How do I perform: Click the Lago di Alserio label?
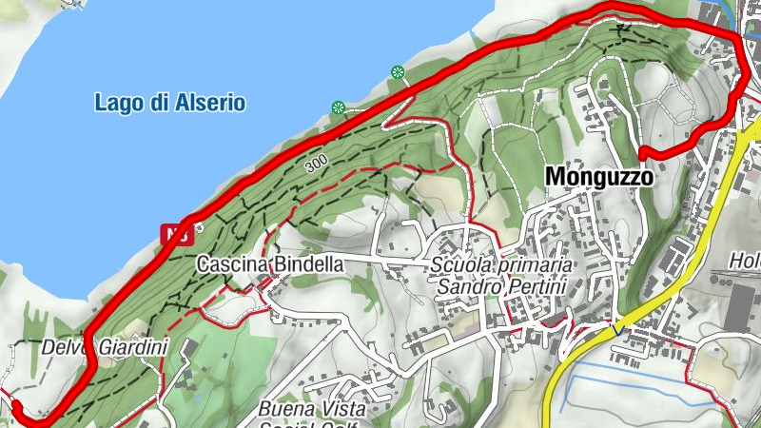[x=170, y=103]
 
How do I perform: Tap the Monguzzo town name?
[x=599, y=177]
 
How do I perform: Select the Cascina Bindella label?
[x=269, y=264]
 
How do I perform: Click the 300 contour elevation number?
[x=319, y=165]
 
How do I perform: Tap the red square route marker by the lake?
[x=173, y=231]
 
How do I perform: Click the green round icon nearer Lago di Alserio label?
[x=337, y=107]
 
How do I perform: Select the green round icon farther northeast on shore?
[x=398, y=71]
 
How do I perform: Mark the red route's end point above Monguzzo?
[x=643, y=152]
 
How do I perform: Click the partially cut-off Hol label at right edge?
[x=746, y=260]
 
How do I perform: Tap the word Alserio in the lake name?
[x=211, y=103]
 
